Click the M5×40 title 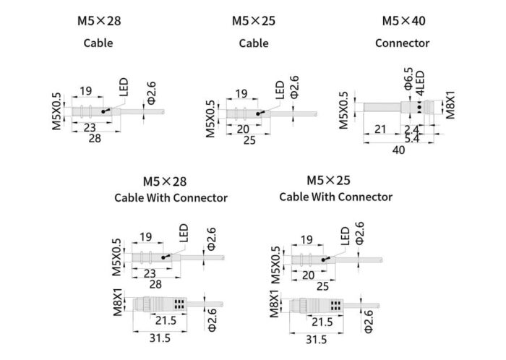click(x=403, y=21)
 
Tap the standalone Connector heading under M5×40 click(x=402, y=43)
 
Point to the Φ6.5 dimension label click(x=408, y=79)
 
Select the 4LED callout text click(x=420, y=83)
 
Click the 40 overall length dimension click(x=398, y=150)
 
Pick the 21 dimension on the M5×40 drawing click(x=380, y=129)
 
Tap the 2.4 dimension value click(x=411, y=129)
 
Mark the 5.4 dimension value click(x=412, y=139)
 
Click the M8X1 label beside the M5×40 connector click(x=450, y=105)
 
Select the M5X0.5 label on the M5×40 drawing click(x=344, y=111)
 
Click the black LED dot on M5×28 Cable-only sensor click(x=103, y=111)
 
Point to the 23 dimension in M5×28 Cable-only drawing click(x=90, y=128)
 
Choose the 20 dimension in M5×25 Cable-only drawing click(x=243, y=129)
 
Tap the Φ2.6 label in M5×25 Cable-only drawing click(x=294, y=87)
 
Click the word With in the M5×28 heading click(x=158, y=198)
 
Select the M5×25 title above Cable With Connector click(x=328, y=180)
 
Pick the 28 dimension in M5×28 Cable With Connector click(x=155, y=284)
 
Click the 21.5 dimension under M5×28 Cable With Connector click(x=166, y=321)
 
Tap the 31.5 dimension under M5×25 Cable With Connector click(x=317, y=340)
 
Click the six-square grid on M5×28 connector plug click(x=179, y=304)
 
